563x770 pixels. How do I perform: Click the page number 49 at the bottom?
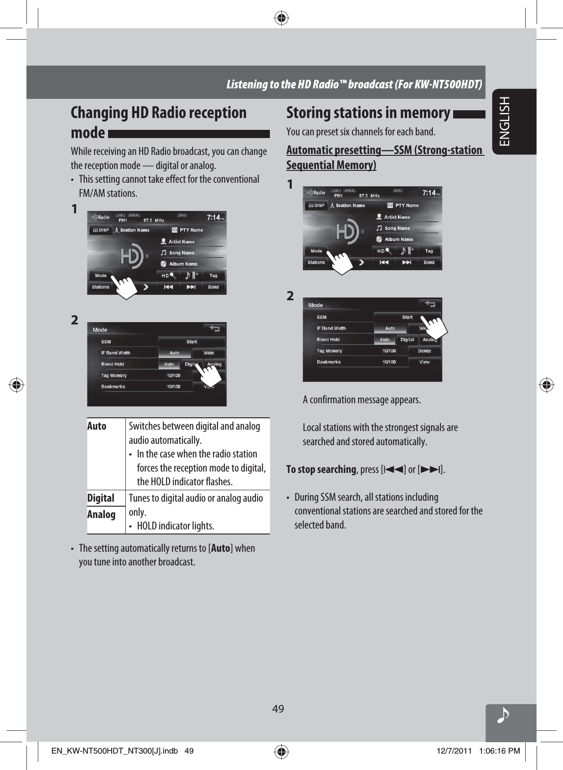pos(278,708)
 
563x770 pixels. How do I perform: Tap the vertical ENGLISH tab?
pos(505,121)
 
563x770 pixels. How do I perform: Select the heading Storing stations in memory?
pos(368,113)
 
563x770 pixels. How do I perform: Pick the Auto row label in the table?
pos(97,426)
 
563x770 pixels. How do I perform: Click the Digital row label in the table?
pos(101,498)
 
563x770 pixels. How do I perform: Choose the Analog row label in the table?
pos(101,514)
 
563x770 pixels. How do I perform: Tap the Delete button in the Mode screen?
pos(424,351)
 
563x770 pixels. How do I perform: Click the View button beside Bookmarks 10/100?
pos(424,362)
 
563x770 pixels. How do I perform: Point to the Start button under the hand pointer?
pos(407,317)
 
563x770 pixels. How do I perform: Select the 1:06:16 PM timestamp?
pos(499,751)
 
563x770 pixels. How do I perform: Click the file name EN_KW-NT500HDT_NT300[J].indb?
pos(114,751)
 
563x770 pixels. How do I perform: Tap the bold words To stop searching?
pos(321,469)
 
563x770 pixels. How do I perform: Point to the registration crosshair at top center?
pos(282,19)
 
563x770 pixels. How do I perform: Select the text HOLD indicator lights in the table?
pos(176,526)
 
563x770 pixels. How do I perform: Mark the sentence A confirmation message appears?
pos(362,400)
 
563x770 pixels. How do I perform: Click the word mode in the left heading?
pos(88,133)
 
